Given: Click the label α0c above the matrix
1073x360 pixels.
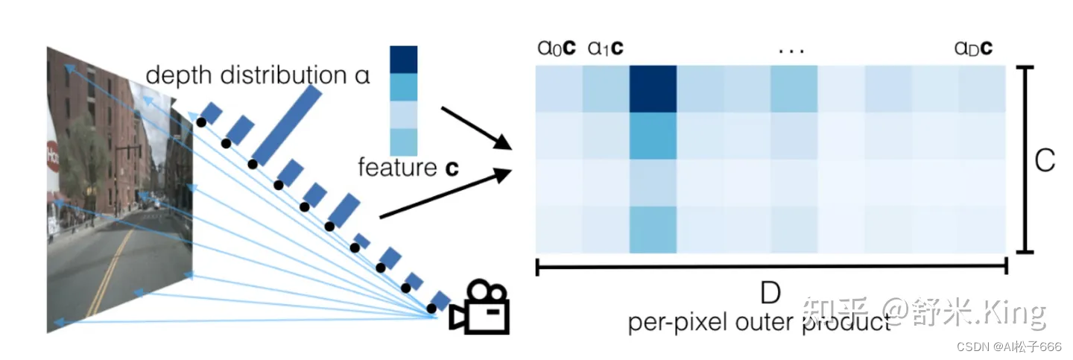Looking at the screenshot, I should click(x=556, y=49).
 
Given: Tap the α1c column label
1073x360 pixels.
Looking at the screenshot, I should click(x=605, y=49).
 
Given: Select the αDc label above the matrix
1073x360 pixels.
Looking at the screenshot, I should click(x=972, y=49).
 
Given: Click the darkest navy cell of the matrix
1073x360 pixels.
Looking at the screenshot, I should click(x=653, y=89).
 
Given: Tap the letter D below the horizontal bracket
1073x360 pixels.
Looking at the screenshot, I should click(x=770, y=293).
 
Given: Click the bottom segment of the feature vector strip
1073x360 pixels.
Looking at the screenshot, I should click(x=403, y=140).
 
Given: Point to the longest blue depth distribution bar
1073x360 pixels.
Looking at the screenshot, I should click(x=290, y=125).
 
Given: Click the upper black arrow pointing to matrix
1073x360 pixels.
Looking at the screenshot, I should click(x=476, y=127).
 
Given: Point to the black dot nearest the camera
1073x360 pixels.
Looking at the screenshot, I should click(x=431, y=308).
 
